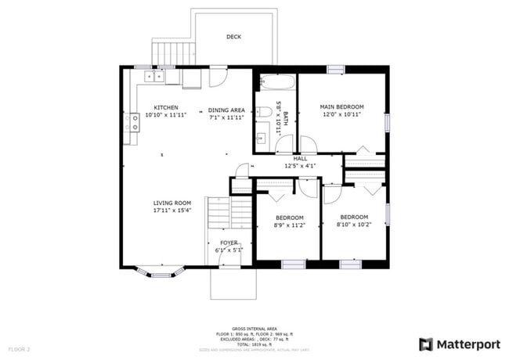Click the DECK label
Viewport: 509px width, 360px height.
click(233, 37)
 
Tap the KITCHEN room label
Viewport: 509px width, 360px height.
click(165, 107)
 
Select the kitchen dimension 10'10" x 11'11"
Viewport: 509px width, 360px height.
click(165, 115)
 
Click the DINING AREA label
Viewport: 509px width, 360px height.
click(226, 110)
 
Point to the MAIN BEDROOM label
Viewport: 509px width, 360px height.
click(341, 106)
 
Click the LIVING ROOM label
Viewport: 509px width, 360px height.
click(171, 203)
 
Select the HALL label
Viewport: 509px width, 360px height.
click(300, 158)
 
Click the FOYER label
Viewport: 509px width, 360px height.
click(229, 243)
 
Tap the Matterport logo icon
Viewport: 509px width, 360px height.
click(426, 344)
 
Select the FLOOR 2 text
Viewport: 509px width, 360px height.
click(19, 348)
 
